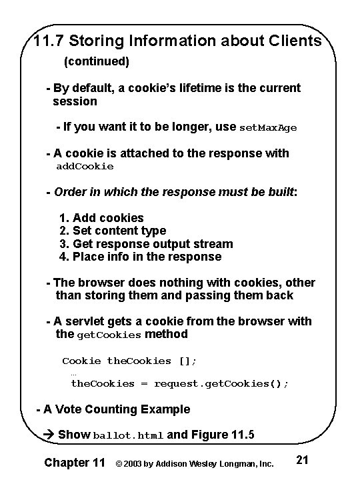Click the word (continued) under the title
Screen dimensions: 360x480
[x=96, y=62]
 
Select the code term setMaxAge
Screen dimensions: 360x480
[x=268, y=127]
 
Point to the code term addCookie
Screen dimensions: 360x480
[x=85, y=166]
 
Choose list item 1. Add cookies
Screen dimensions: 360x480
[x=101, y=218]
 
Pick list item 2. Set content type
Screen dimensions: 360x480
[x=113, y=231]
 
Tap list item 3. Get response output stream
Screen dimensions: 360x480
[x=146, y=244]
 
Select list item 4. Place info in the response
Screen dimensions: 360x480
[x=140, y=257]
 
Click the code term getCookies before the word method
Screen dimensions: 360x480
[x=109, y=335]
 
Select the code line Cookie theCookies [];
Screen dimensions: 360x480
[x=129, y=361]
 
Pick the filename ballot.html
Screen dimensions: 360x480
[x=128, y=435]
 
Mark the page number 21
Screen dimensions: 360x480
[x=301, y=460]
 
